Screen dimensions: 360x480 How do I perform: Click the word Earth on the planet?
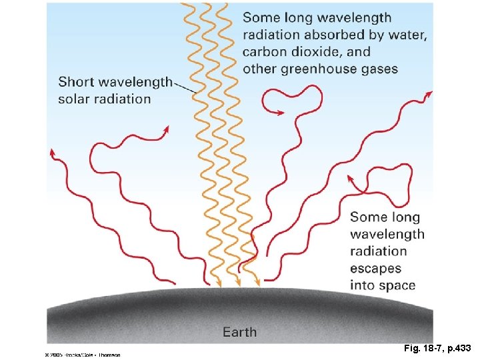click(x=239, y=331)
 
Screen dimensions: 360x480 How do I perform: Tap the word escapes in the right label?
click(x=375, y=268)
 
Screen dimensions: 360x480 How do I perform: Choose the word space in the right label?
click(x=398, y=285)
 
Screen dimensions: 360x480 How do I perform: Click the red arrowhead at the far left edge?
click(x=53, y=153)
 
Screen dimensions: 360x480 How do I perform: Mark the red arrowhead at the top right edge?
click(x=429, y=95)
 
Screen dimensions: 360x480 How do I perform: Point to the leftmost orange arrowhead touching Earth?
click(x=219, y=283)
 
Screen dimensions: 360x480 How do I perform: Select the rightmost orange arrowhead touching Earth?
click(x=257, y=283)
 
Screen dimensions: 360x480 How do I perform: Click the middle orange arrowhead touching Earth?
click(x=238, y=283)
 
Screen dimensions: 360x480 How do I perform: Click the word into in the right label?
click(x=363, y=285)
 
